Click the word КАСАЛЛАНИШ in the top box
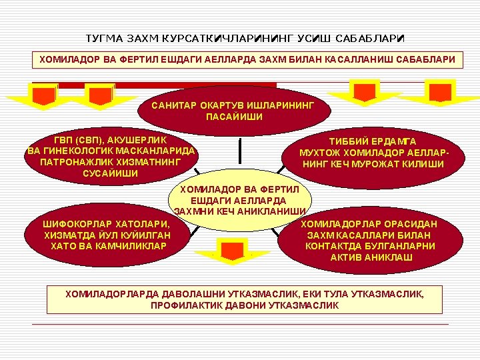361,60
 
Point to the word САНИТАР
175,106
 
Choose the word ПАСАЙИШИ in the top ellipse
234,117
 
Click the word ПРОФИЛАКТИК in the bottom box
183,305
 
